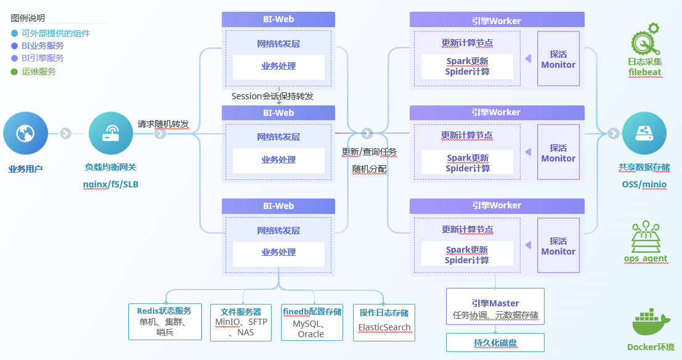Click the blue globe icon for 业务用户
click(x=25, y=133)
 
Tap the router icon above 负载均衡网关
click(x=111, y=133)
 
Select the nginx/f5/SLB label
click(x=111, y=184)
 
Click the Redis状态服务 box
click(x=164, y=321)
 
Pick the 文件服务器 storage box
click(x=241, y=321)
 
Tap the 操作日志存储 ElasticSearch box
click(x=384, y=321)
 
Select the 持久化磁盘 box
click(x=495, y=343)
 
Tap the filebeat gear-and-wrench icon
click(x=644, y=39)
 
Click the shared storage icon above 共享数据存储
click(x=644, y=133)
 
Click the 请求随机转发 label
click(x=163, y=123)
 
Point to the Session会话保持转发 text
click(x=272, y=96)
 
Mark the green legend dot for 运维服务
click(x=15, y=72)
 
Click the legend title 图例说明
click(x=28, y=18)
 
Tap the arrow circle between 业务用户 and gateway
click(x=65, y=133)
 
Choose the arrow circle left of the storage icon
click(x=613, y=133)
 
